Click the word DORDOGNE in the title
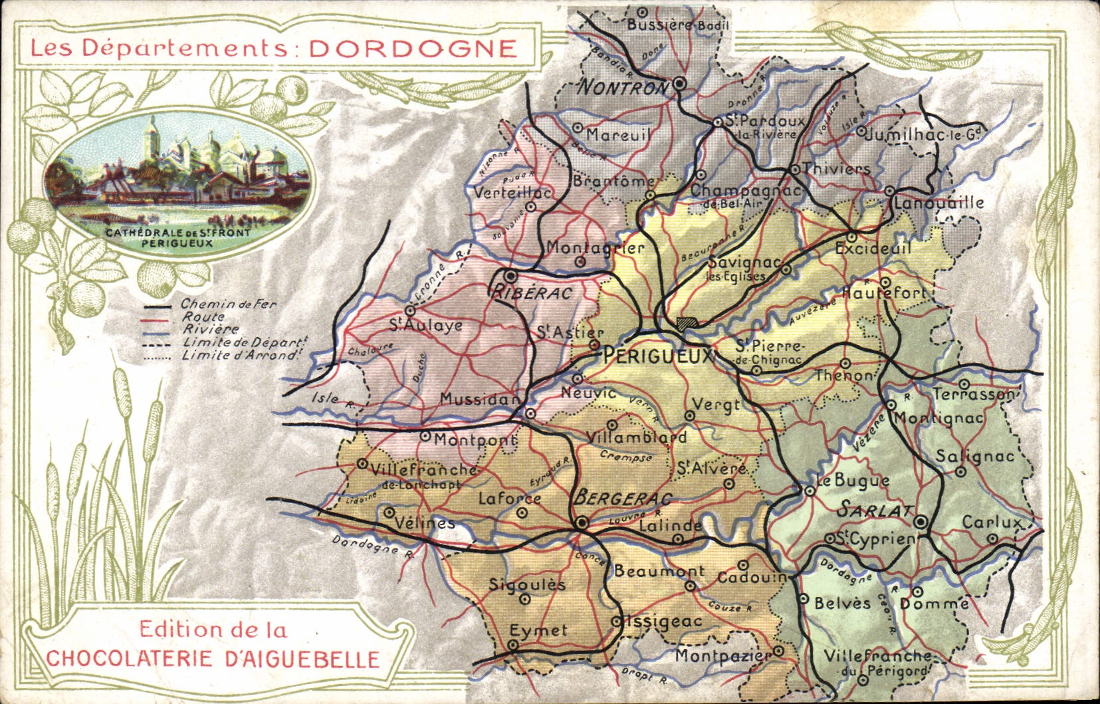[413, 49]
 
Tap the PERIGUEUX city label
[658, 357]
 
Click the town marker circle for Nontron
[679, 83]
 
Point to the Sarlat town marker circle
[921, 522]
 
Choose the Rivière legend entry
[210, 330]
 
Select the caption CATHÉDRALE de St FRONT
[177, 233]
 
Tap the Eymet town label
[538, 630]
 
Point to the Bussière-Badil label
[678, 25]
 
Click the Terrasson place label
[974, 394]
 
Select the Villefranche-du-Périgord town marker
[863, 679]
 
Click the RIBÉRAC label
[532, 293]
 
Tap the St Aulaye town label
[425, 326]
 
